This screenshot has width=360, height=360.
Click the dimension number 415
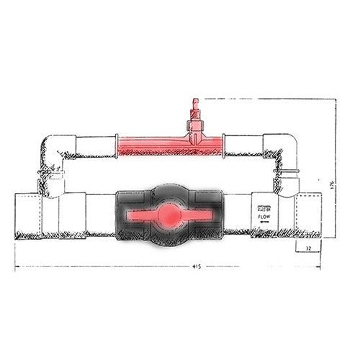pos(197,266)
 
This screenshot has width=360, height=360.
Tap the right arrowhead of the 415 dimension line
pos(329,267)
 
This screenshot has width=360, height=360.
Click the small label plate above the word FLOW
pos(264,206)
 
